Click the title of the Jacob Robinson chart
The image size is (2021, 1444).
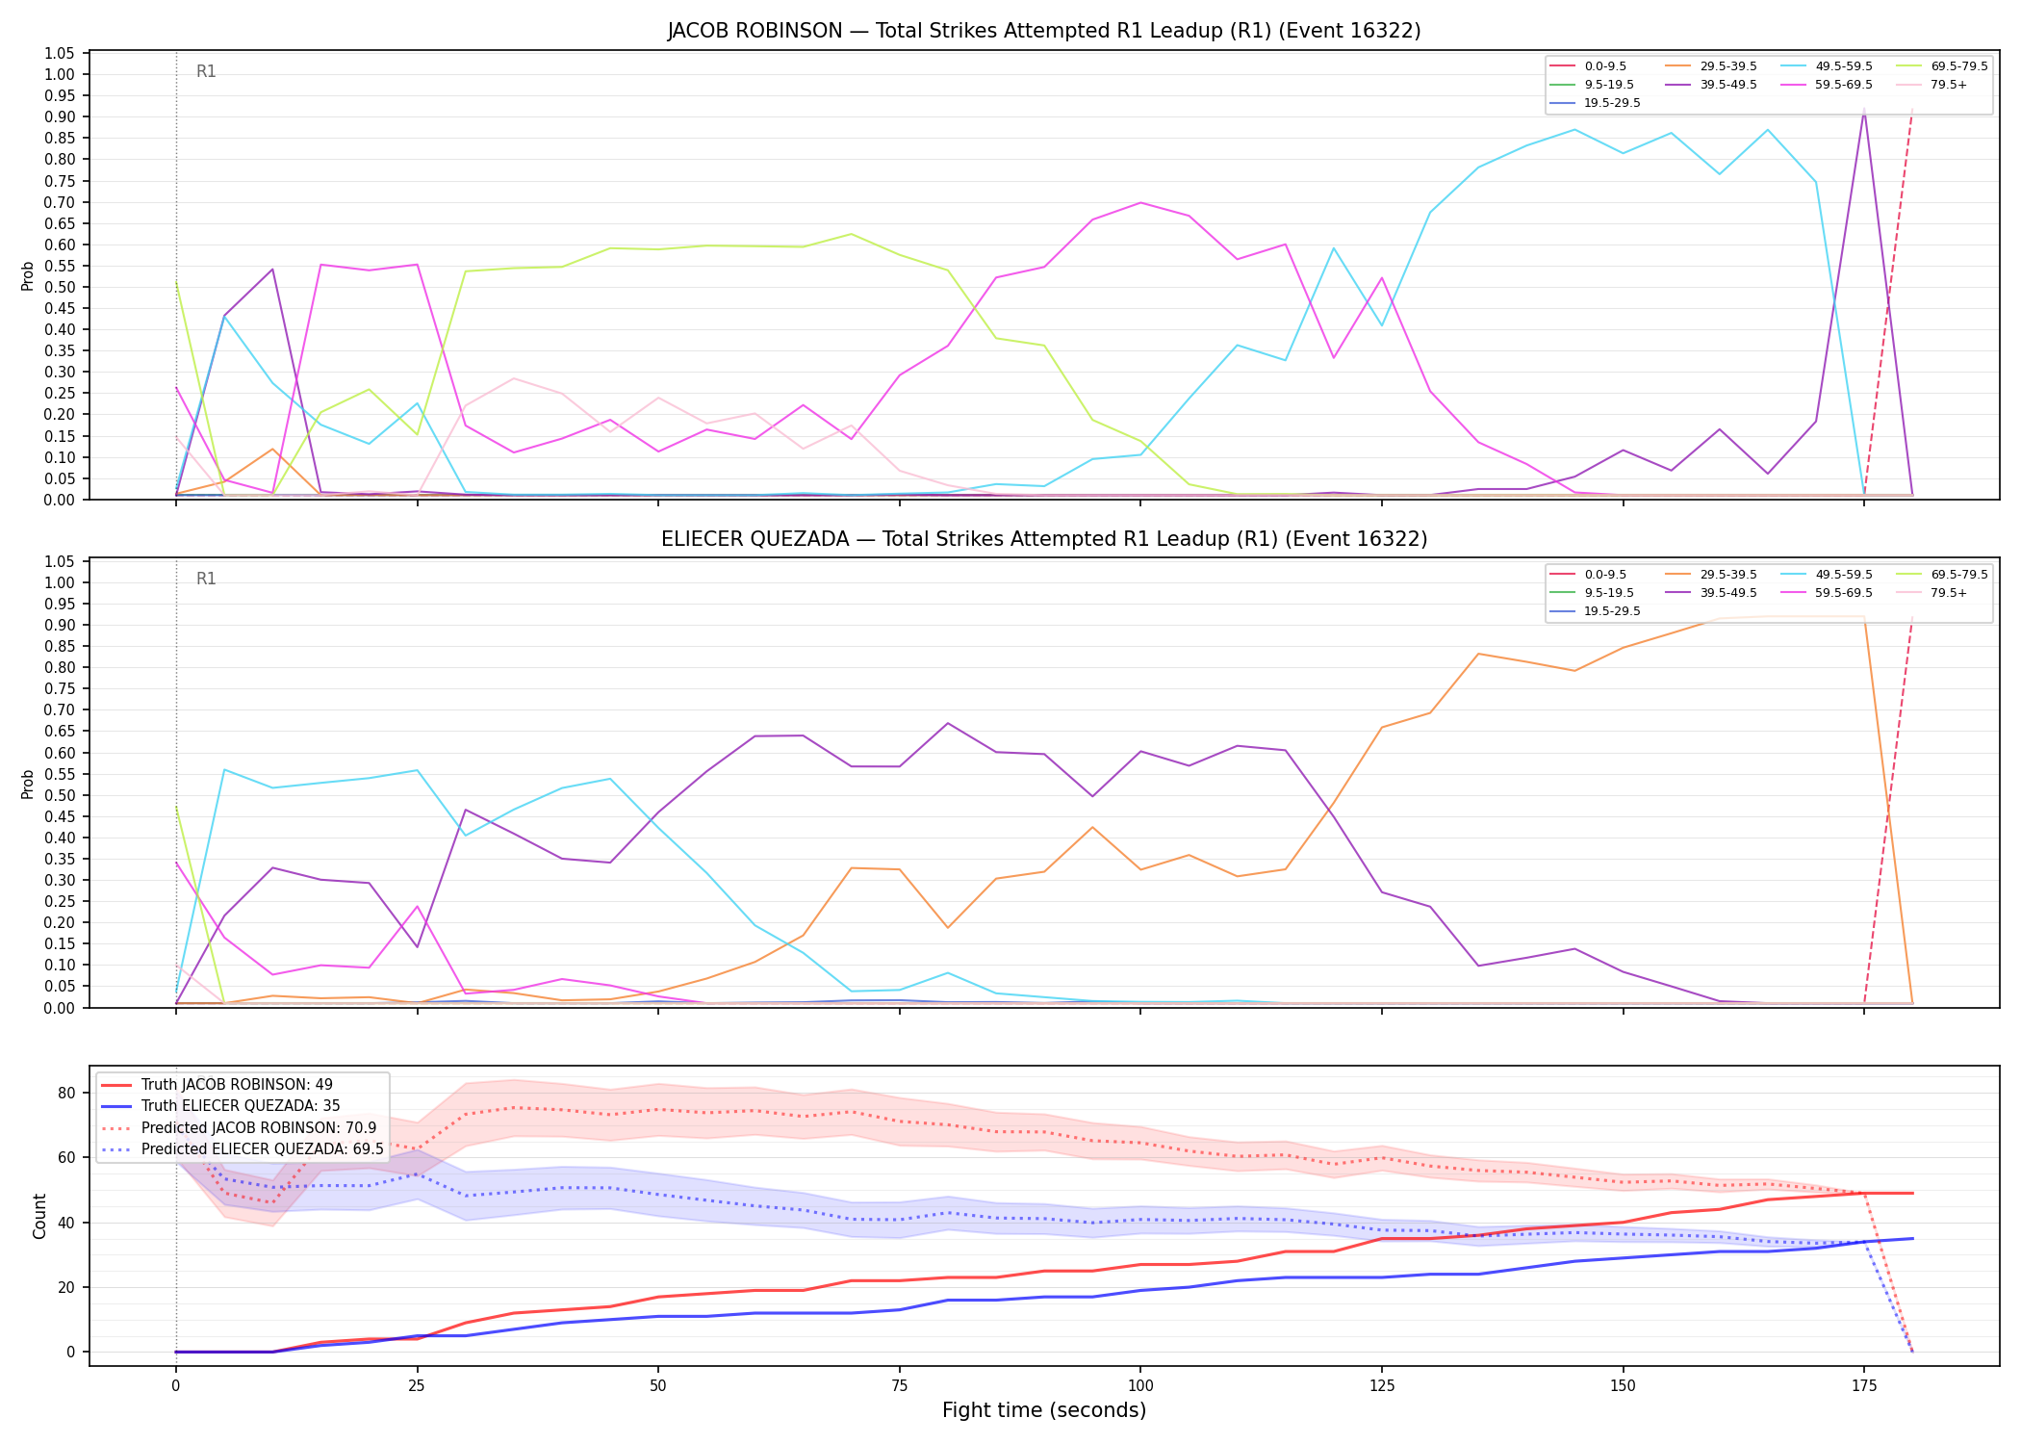1044,31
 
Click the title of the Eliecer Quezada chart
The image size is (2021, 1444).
1044,539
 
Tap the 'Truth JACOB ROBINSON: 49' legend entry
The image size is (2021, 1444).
217,1085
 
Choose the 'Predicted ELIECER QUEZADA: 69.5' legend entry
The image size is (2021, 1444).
243,1148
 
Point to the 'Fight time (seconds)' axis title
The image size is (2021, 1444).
1044,1410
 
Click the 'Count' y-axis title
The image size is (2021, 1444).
39,1216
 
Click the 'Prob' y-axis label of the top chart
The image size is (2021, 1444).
28,275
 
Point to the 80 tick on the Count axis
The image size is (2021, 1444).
67,1093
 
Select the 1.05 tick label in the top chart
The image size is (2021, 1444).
60,53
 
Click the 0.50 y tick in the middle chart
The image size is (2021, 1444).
60,795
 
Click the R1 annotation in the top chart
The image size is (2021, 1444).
206,71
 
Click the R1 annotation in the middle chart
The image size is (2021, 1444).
206,579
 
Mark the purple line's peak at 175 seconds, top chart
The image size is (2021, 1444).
1864,111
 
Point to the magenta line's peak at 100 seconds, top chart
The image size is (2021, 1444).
1140,202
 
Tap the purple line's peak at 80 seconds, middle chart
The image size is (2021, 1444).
948,723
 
